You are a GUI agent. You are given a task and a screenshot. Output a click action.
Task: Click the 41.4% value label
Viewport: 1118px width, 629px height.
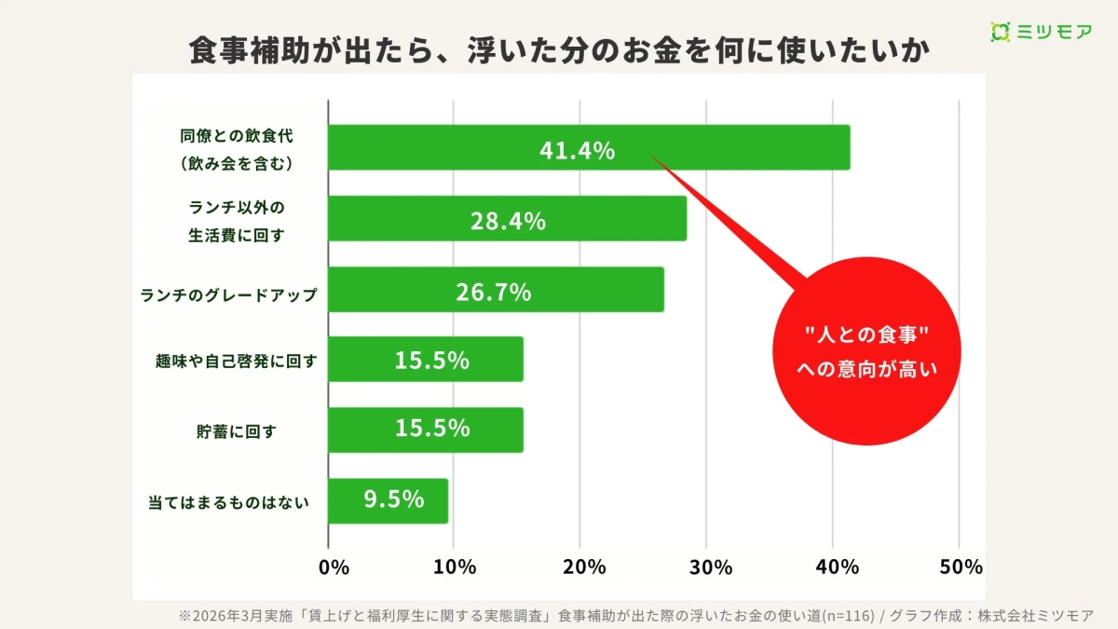click(577, 150)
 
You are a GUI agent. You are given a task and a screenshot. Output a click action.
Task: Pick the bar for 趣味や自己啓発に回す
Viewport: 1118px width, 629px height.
click(426, 359)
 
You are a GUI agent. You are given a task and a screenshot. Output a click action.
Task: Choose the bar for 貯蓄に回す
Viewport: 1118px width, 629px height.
click(426, 430)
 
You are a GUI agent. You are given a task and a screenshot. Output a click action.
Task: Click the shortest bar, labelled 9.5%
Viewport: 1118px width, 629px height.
click(389, 500)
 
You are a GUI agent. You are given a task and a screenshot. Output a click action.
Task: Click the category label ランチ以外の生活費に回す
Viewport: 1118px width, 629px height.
click(237, 220)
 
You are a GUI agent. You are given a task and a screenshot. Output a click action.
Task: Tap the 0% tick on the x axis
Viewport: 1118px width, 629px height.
click(334, 567)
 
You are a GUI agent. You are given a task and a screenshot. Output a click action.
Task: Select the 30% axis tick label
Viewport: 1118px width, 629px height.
click(711, 567)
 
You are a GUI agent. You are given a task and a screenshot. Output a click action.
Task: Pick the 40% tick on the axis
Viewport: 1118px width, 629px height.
click(837, 567)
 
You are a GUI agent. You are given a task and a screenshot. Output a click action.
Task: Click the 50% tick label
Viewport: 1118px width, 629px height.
click(961, 567)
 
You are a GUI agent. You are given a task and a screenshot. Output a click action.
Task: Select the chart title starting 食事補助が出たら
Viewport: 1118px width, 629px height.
click(559, 50)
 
